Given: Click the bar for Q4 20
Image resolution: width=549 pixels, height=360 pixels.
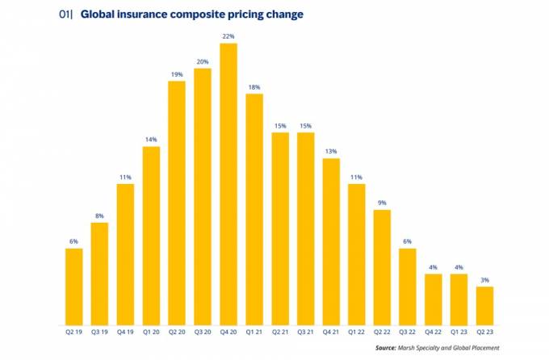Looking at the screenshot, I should [x=228, y=182].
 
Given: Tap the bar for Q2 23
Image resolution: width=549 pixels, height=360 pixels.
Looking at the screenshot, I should [x=484, y=303].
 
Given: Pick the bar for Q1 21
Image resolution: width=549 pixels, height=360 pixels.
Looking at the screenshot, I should [x=254, y=207].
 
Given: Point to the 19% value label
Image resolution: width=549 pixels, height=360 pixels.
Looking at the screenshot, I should [x=177, y=75].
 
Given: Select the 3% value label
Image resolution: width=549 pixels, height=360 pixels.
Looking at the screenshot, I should [x=484, y=280].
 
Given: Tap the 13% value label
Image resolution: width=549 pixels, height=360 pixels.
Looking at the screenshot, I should [x=330, y=152].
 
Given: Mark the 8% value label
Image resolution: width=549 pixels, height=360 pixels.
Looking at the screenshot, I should [x=99, y=216].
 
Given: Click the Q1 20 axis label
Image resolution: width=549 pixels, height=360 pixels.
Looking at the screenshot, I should [x=151, y=329].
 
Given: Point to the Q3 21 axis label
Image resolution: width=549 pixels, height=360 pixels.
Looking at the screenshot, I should [x=305, y=329].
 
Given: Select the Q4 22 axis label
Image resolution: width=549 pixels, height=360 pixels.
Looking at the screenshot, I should [x=434, y=329].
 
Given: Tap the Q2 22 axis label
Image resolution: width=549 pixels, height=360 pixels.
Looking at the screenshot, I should [x=382, y=329].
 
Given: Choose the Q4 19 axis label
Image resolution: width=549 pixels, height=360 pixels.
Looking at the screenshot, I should [x=125, y=329].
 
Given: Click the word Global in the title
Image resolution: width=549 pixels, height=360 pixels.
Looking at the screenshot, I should [x=101, y=15].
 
